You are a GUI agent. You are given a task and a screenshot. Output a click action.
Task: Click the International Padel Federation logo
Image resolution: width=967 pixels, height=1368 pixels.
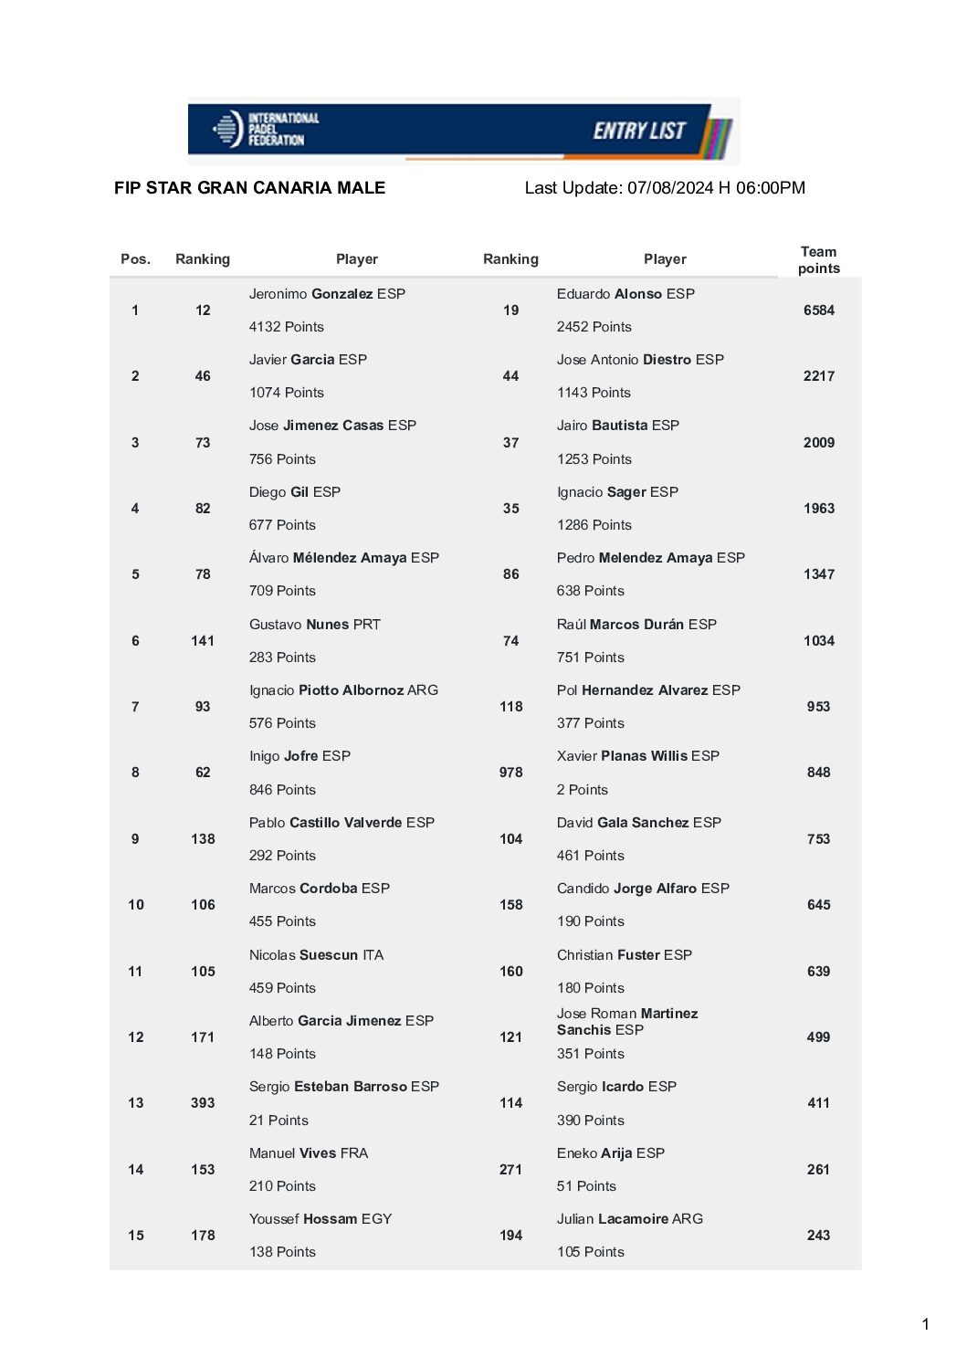(x=266, y=129)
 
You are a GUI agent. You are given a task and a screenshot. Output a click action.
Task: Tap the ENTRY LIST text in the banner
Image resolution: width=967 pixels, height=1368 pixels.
(x=638, y=131)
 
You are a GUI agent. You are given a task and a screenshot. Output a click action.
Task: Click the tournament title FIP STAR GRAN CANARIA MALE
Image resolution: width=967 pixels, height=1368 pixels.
(x=249, y=188)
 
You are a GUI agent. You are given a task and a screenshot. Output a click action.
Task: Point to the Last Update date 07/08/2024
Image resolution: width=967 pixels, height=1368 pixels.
(x=669, y=188)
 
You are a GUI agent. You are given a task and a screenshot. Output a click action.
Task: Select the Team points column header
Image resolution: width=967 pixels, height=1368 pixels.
(x=818, y=259)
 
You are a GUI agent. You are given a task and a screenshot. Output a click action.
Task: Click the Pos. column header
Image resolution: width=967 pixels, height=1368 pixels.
(x=135, y=259)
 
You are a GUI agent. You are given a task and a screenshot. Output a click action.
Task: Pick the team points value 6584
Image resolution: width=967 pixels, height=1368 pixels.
(x=818, y=310)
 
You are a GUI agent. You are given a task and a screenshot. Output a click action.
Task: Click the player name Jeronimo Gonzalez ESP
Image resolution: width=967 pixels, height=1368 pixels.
(x=327, y=294)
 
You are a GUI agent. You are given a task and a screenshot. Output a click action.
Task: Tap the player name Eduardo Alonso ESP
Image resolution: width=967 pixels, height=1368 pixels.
(x=625, y=294)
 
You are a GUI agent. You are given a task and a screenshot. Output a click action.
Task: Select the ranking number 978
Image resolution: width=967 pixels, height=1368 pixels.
(x=510, y=773)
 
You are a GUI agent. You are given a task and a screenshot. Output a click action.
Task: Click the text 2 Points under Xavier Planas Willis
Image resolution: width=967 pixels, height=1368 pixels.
(x=582, y=790)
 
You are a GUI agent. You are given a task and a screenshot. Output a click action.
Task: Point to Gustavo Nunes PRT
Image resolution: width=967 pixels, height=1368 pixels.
(x=314, y=625)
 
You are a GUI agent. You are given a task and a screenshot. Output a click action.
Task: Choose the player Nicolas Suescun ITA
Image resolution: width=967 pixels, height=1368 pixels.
(x=316, y=955)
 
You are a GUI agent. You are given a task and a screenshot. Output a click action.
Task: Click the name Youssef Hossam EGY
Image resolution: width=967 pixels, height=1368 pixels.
(x=320, y=1219)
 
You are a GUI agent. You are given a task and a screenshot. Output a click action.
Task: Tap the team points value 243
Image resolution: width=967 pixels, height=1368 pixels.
(x=818, y=1236)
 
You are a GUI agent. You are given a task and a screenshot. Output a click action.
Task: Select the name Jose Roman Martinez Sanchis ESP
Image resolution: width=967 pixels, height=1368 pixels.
(x=626, y=1022)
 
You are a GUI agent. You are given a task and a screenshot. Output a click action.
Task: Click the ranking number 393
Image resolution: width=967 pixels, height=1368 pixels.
(x=203, y=1103)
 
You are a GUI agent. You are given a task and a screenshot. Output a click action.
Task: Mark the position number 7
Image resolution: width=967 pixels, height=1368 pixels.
(x=135, y=707)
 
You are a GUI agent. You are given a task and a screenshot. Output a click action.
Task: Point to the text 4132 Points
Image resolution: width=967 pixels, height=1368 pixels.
(x=286, y=327)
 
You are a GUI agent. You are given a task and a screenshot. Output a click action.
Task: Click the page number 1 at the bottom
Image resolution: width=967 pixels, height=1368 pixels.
(x=925, y=1324)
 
